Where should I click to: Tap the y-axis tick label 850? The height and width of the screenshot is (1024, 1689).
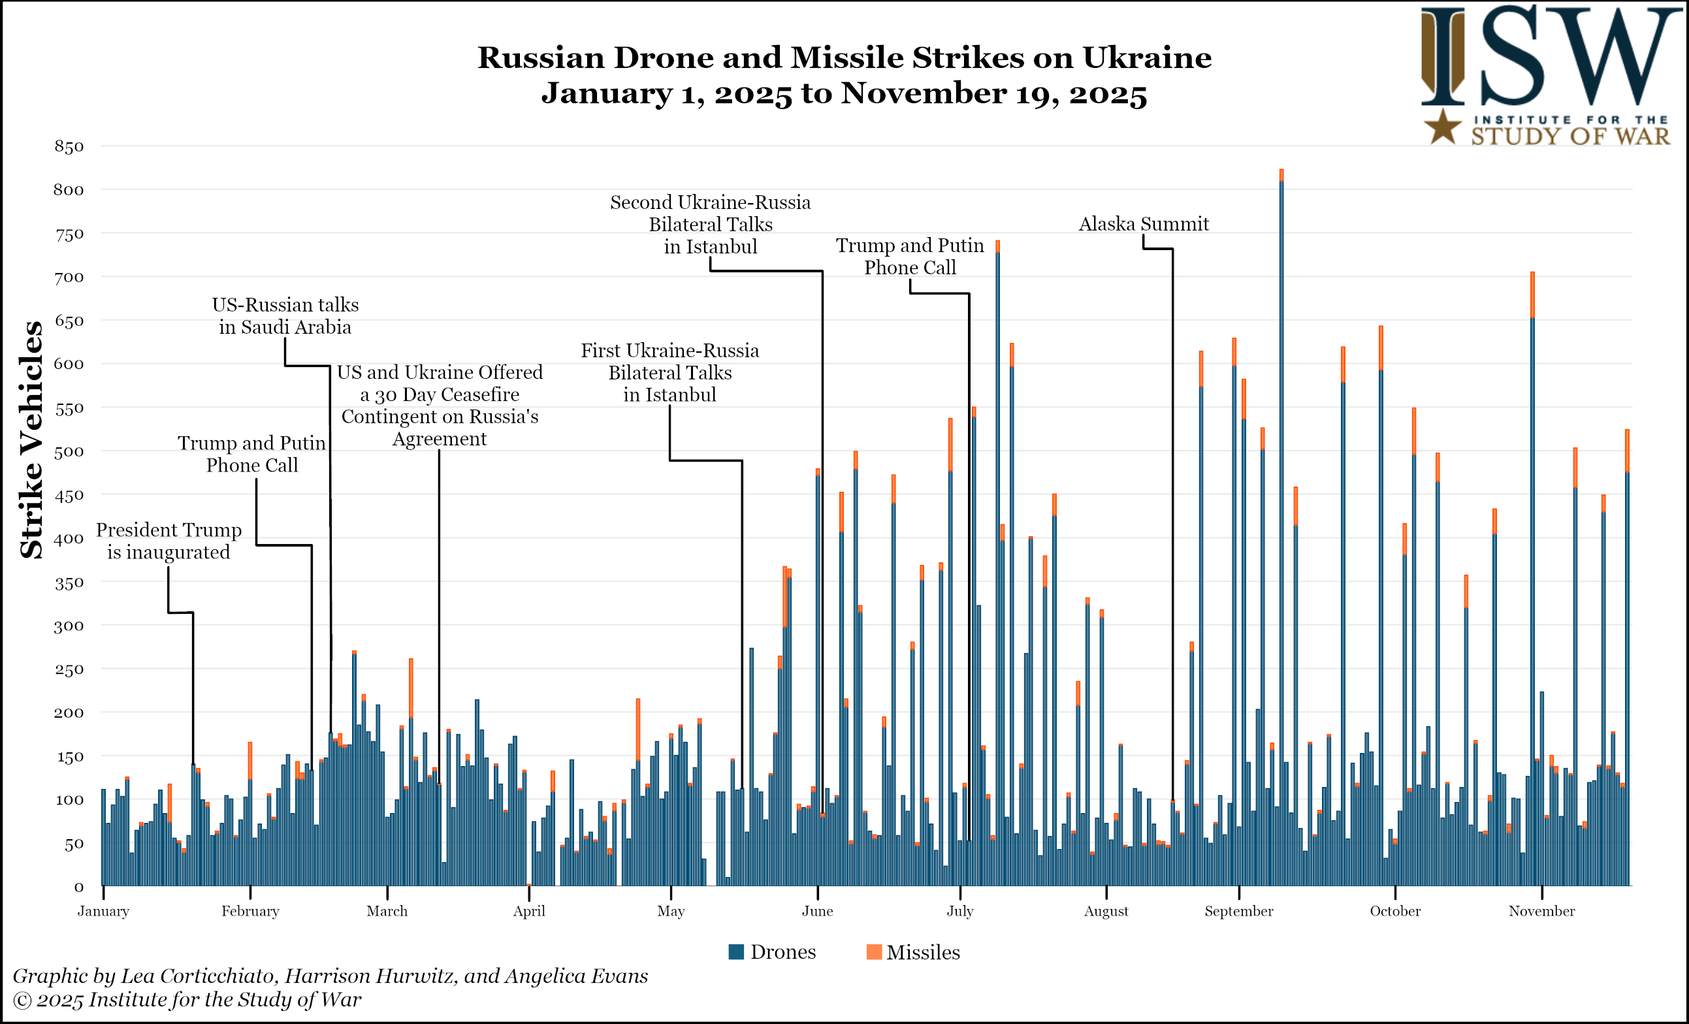(69, 147)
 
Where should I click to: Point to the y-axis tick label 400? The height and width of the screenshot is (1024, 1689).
(69, 539)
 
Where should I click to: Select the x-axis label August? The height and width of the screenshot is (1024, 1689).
(1106, 911)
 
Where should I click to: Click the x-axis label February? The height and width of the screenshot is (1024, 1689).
(250, 911)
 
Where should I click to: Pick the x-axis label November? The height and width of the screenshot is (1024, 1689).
(1541, 911)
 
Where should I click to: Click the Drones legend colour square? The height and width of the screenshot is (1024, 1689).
(736, 952)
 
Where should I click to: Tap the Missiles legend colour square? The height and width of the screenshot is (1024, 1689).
(874, 952)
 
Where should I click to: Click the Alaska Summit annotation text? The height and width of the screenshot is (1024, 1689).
(1144, 224)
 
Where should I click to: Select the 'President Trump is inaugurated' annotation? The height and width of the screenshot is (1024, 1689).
(169, 541)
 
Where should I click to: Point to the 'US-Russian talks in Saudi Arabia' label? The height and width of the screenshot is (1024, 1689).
(285, 316)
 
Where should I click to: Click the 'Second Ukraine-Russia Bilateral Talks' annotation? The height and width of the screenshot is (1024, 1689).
(710, 224)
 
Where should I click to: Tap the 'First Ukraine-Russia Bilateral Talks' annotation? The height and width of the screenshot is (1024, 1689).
(669, 372)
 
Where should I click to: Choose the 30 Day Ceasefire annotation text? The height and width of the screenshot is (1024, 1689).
(440, 405)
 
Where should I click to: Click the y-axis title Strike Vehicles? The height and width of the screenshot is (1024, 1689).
(31, 440)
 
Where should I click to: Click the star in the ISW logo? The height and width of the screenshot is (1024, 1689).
(1443, 127)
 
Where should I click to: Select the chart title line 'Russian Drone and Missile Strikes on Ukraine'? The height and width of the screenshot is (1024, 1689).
(844, 57)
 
